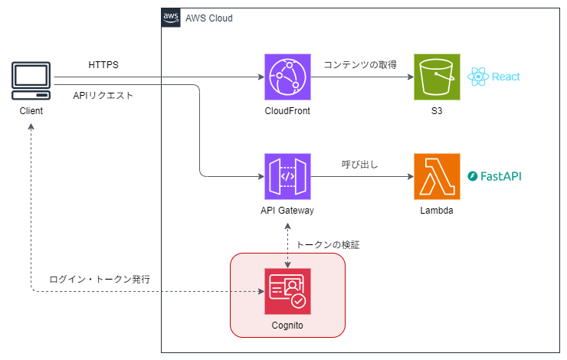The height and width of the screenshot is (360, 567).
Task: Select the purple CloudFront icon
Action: (x=287, y=77)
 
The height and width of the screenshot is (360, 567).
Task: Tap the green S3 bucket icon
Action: (x=437, y=77)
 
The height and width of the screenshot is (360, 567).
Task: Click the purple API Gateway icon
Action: (x=287, y=177)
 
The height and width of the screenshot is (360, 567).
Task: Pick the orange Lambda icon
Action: (x=437, y=177)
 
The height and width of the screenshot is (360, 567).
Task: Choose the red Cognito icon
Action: (x=287, y=292)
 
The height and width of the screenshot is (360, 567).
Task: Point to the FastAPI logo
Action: (x=495, y=176)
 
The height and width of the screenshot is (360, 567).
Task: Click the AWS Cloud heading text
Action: (x=209, y=18)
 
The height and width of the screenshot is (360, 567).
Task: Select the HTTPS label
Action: (x=103, y=65)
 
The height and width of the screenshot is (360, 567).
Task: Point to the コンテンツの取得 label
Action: (x=359, y=65)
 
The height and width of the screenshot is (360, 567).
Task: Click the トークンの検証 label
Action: (x=327, y=245)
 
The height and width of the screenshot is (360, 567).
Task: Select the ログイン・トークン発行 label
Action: (x=100, y=280)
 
